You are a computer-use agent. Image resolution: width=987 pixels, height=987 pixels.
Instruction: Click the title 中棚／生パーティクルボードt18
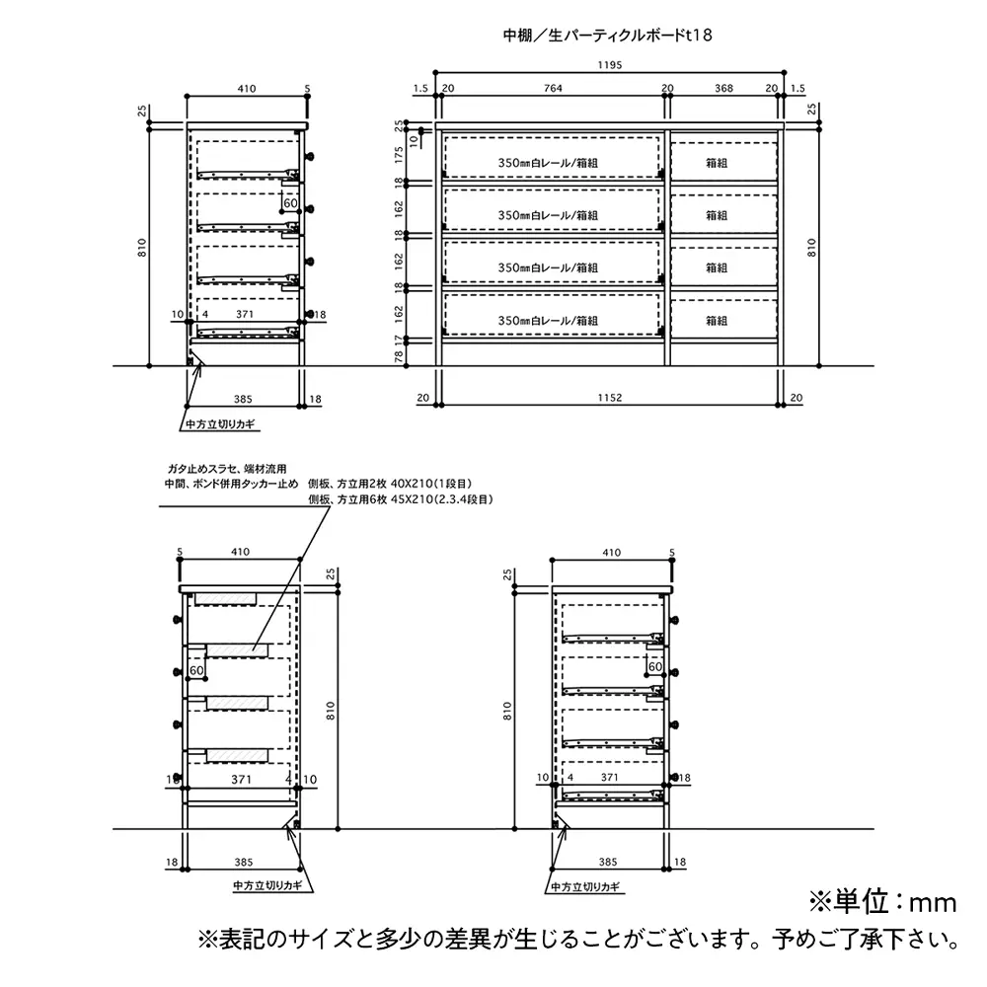[x=607, y=36]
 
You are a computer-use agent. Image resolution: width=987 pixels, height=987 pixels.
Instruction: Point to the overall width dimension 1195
[x=609, y=65]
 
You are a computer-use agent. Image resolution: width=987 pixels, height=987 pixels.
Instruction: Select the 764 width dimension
[x=553, y=89]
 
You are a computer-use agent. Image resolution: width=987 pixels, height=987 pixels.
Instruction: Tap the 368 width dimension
[x=723, y=89]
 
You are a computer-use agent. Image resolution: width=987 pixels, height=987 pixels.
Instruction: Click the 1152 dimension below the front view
[x=609, y=398]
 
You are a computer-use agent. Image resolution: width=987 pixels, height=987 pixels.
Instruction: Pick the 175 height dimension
[x=399, y=155]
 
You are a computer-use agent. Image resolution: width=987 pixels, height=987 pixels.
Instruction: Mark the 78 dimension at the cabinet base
[x=399, y=356]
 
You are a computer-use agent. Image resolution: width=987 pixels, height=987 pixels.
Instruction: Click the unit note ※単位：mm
[x=882, y=902]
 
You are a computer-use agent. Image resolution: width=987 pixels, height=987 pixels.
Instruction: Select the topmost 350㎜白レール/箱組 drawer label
[x=548, y=163]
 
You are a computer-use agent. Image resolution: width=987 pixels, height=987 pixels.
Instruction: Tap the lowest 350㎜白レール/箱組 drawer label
[x=548, y=321]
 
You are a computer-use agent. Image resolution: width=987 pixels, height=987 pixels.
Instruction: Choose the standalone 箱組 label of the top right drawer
[x=717, y=163]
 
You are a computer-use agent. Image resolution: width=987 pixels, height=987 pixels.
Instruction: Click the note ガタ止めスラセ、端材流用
[x=227, y=469]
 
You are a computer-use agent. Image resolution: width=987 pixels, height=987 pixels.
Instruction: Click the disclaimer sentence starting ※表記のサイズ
[x=578, y=940]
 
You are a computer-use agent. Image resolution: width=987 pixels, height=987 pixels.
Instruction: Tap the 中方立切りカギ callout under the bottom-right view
[x=585, y=887]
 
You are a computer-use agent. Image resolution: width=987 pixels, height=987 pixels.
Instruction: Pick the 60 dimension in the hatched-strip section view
[x=196, y=670]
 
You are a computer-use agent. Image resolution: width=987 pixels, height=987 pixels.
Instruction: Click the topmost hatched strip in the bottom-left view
[x=225, y=598]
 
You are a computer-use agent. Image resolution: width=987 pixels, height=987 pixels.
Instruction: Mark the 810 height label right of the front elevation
[x=811, y=248]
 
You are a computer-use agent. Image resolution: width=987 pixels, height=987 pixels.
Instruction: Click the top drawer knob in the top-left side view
[x=309, y=157]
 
